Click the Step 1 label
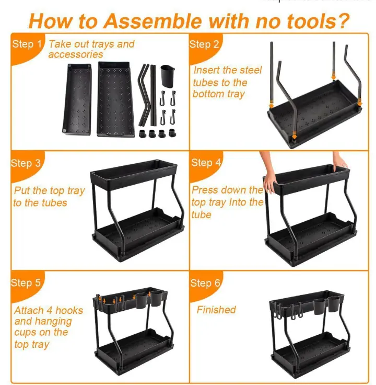point(27,44)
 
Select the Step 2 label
point(204,44)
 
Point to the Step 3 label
point(26,163)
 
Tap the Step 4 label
point(206,163)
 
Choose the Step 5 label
point(26,282)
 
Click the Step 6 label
point(205,283)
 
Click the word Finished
point(216,310)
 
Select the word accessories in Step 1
point(76,54)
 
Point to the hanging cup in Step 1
point(167,76)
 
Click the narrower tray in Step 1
point(77,99)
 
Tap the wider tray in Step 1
point(115,99)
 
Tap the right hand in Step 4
point(340,161)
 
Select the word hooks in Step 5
point(69,310)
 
